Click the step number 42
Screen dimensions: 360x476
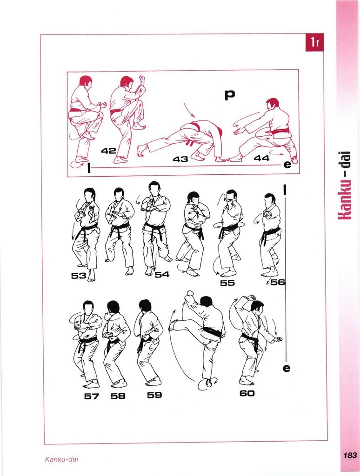coord(109,150)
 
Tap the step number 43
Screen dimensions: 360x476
coord(180,159)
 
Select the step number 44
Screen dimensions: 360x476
coord(262,158)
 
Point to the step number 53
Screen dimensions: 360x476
coord(79,276)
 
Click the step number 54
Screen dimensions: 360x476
coord(162,275)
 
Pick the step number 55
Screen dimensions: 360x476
coord(227,283)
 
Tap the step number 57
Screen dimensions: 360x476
coord(92,396)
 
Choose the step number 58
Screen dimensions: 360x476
coord(118,396)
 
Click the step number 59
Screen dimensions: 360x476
coord(154,395)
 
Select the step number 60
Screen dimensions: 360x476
coord(247,393)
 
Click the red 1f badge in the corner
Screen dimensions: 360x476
coord(314,42)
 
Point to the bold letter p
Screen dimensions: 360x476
coord(230,95)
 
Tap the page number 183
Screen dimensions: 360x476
coord(350,456)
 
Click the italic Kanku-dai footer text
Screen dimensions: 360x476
coord(62,459)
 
